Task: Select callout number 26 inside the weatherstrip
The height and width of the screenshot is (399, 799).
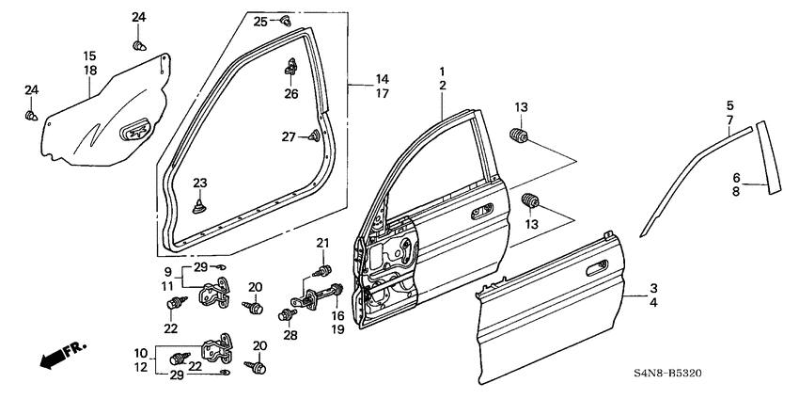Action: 291,93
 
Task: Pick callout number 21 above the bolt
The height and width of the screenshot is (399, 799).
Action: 323,246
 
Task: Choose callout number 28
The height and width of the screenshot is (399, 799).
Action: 290,335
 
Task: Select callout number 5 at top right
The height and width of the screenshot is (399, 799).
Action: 730,104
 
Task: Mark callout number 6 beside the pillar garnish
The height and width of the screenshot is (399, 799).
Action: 737,176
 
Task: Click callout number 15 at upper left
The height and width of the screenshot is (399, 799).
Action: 90,56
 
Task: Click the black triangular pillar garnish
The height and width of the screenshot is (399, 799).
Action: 769,155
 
